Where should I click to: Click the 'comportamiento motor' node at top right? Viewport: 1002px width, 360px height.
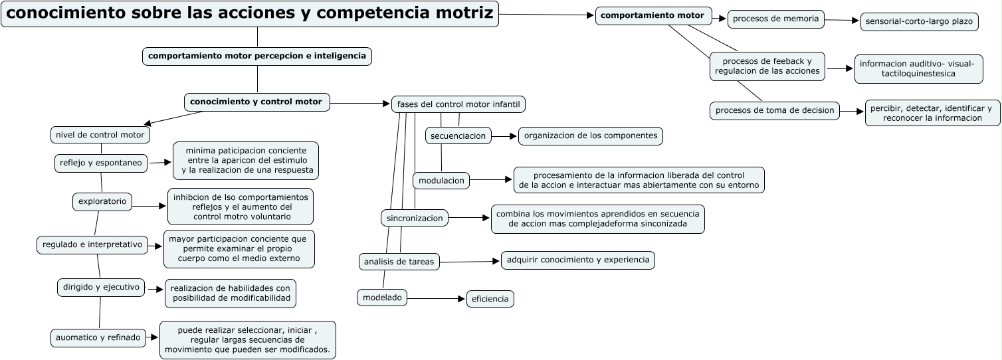[653, 16]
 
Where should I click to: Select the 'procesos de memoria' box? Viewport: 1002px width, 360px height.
[775, 19]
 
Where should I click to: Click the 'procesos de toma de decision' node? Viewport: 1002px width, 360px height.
[775, 110]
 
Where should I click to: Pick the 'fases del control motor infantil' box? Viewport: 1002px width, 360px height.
[458, 104]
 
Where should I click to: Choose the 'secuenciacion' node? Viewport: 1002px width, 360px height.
[458, 135]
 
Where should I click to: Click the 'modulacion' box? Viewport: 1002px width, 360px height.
[441, 180]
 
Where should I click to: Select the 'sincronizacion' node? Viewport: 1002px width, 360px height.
[415, 217]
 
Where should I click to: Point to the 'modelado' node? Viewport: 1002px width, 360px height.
[382, 298]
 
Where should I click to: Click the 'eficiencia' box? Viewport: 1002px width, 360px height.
[490, 299]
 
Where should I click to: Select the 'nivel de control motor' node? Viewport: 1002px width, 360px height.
[100, 135]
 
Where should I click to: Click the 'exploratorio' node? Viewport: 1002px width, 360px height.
[102, 201]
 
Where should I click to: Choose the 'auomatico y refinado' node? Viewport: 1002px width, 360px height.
[98, 337]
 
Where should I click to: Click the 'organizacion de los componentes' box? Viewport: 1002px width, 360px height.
[591, 135]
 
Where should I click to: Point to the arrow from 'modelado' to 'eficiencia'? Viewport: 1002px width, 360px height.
[436, 299]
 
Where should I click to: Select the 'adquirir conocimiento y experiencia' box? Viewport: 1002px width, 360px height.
[578, 260]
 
